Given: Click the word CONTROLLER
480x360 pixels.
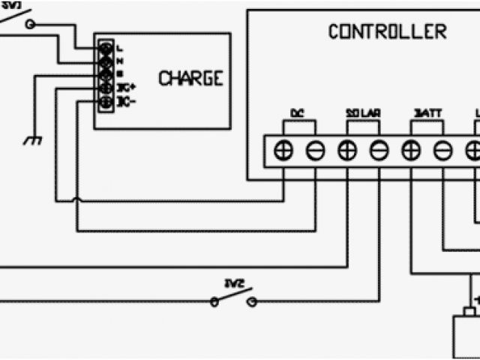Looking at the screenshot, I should [387, 32].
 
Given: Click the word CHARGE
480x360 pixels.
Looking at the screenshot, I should [190, 78].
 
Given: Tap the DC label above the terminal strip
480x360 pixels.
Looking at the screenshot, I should [296, 114].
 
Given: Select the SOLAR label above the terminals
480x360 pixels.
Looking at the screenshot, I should [363, 114].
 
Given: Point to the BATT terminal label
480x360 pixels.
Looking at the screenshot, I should [427, 114].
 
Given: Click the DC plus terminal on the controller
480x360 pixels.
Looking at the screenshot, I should [283, 151].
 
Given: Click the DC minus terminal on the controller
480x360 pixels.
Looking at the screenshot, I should [315, 151].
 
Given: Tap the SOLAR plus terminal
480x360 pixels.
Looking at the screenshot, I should [346, 151].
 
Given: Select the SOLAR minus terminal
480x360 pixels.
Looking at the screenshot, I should [379, 151].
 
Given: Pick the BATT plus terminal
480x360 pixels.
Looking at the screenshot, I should [410, 151].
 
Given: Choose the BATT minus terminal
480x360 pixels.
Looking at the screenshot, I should [442, 151].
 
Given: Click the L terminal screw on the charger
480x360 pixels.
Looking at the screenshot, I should [106, 48].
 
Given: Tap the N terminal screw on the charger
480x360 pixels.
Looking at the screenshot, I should [106, 61].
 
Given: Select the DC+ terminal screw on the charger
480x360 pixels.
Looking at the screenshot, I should [106, 88].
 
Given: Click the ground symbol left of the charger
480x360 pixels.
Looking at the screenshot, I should [32, 139].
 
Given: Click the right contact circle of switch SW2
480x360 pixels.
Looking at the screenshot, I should [251, 301].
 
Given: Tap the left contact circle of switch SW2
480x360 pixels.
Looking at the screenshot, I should [214, 301].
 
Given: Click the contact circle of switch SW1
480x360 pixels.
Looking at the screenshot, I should [31, 24].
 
